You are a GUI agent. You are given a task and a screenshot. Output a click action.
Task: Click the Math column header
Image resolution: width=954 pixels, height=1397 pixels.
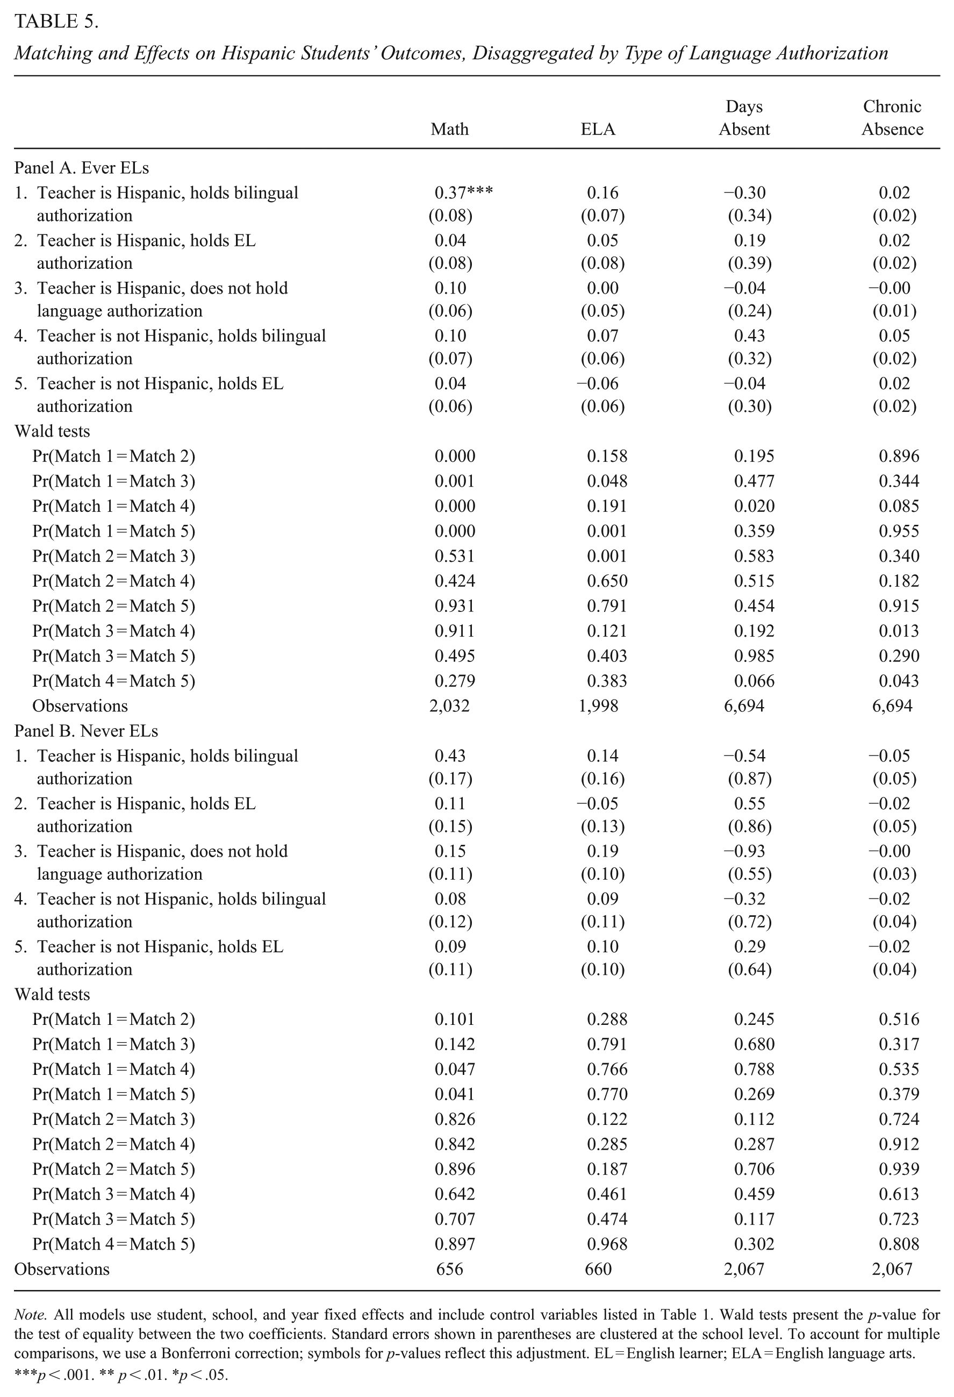pos(449,129)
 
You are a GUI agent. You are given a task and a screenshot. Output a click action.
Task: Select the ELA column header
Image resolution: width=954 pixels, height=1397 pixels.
pos(598,129)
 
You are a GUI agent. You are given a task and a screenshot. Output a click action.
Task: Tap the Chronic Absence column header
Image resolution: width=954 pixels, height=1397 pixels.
pos(892,118)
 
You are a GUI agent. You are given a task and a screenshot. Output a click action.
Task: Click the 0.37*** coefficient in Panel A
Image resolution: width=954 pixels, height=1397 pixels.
pos(463,193)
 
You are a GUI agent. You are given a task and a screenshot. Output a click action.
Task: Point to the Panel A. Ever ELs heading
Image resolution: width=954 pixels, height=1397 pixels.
pos(82,168)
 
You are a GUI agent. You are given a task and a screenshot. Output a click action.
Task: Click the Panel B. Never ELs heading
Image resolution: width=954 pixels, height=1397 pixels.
pos(86,731)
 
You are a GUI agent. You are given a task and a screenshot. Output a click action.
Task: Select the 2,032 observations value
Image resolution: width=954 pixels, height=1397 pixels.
pos(449,705)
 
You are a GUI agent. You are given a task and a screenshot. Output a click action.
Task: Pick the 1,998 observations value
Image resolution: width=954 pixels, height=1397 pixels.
pos(598,705)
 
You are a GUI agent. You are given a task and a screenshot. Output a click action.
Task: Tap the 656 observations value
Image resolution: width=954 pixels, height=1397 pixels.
pos(449,1269)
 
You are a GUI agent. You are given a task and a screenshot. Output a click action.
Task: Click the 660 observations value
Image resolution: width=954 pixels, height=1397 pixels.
pos(598,1269)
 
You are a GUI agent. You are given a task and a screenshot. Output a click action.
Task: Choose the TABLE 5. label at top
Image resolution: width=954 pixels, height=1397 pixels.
pos(56,22)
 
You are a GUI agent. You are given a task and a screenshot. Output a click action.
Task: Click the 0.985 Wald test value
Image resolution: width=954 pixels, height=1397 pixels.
pos(754,656)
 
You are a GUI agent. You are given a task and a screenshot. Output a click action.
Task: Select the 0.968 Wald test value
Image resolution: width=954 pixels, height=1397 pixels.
pos(607,1244)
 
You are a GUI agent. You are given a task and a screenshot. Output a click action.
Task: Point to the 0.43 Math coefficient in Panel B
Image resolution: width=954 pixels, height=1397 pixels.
pos(450,755)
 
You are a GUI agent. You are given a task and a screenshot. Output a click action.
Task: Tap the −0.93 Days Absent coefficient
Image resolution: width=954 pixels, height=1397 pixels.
pos(744,851)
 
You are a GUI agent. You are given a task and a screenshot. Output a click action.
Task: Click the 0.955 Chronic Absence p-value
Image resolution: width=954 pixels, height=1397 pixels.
pos(899,531)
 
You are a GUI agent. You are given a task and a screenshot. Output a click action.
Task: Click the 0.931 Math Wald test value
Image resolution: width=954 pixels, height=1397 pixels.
pos(455,606)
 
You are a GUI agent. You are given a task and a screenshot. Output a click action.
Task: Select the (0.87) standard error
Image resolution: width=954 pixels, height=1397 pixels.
pos(749,779)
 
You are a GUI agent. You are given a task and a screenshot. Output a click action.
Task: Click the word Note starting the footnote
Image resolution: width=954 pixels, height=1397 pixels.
pos(26,1315)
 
